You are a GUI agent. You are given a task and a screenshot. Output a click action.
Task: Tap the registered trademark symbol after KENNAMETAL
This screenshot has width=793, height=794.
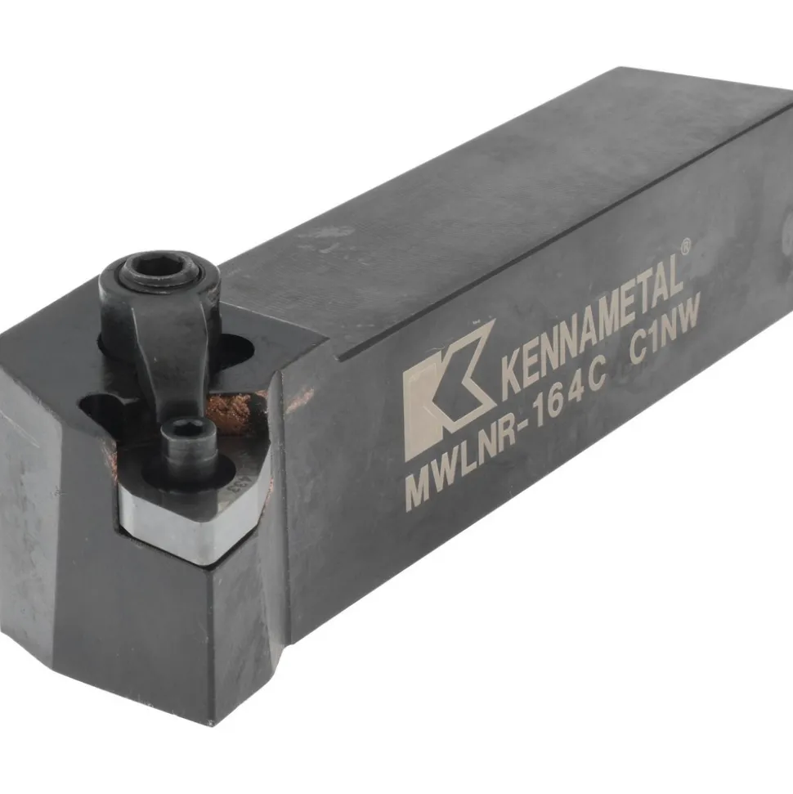click(685, 246)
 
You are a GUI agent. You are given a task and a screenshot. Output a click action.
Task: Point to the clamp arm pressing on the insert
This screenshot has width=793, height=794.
click(163, 354)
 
